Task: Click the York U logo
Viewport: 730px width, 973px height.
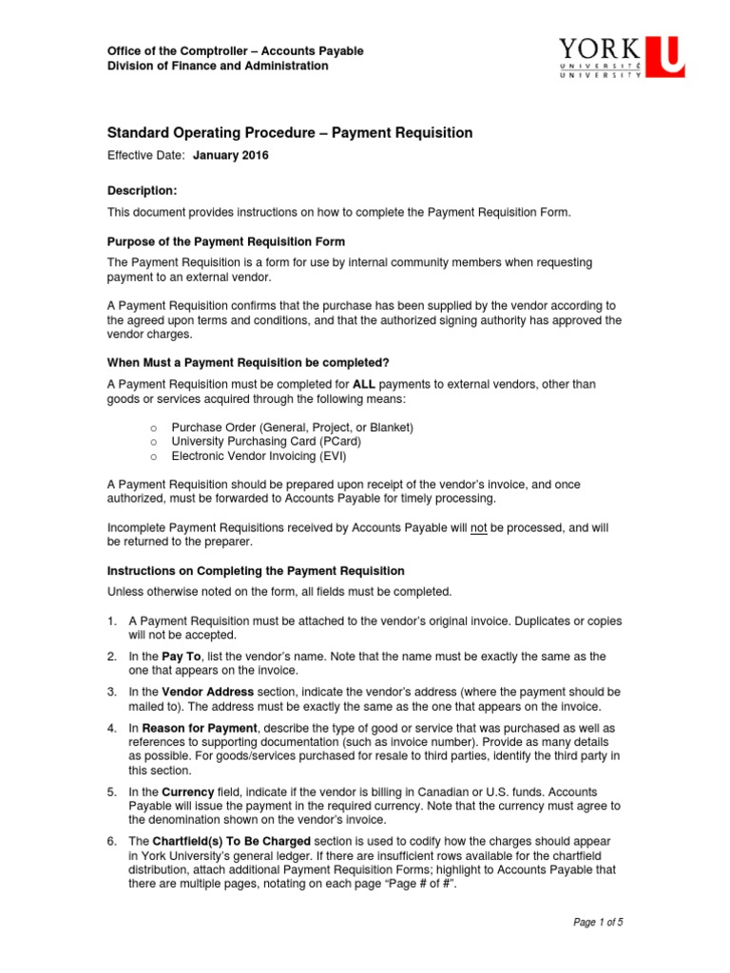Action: click(x=621, y=58)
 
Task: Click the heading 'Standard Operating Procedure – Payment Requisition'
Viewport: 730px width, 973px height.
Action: click(x=289, y=133)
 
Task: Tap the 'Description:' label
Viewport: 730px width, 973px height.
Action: click(x=142, y=191)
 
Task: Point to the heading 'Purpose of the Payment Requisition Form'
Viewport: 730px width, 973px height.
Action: click(x=225, y=241)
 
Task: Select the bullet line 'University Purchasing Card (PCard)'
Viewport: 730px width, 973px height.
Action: click(x=266, y=441)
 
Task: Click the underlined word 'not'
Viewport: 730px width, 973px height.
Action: click(x=479, y=527)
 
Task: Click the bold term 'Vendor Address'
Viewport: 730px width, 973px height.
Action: click(x=207, y=692)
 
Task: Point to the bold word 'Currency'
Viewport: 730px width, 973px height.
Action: click(x=188, y=792)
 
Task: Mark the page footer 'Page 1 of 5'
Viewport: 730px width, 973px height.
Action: click(x=597, y=922)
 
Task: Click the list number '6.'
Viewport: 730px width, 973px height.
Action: click(x=112, y=841)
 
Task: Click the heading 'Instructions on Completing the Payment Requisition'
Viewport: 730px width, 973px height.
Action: click(x=255, y=571)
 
